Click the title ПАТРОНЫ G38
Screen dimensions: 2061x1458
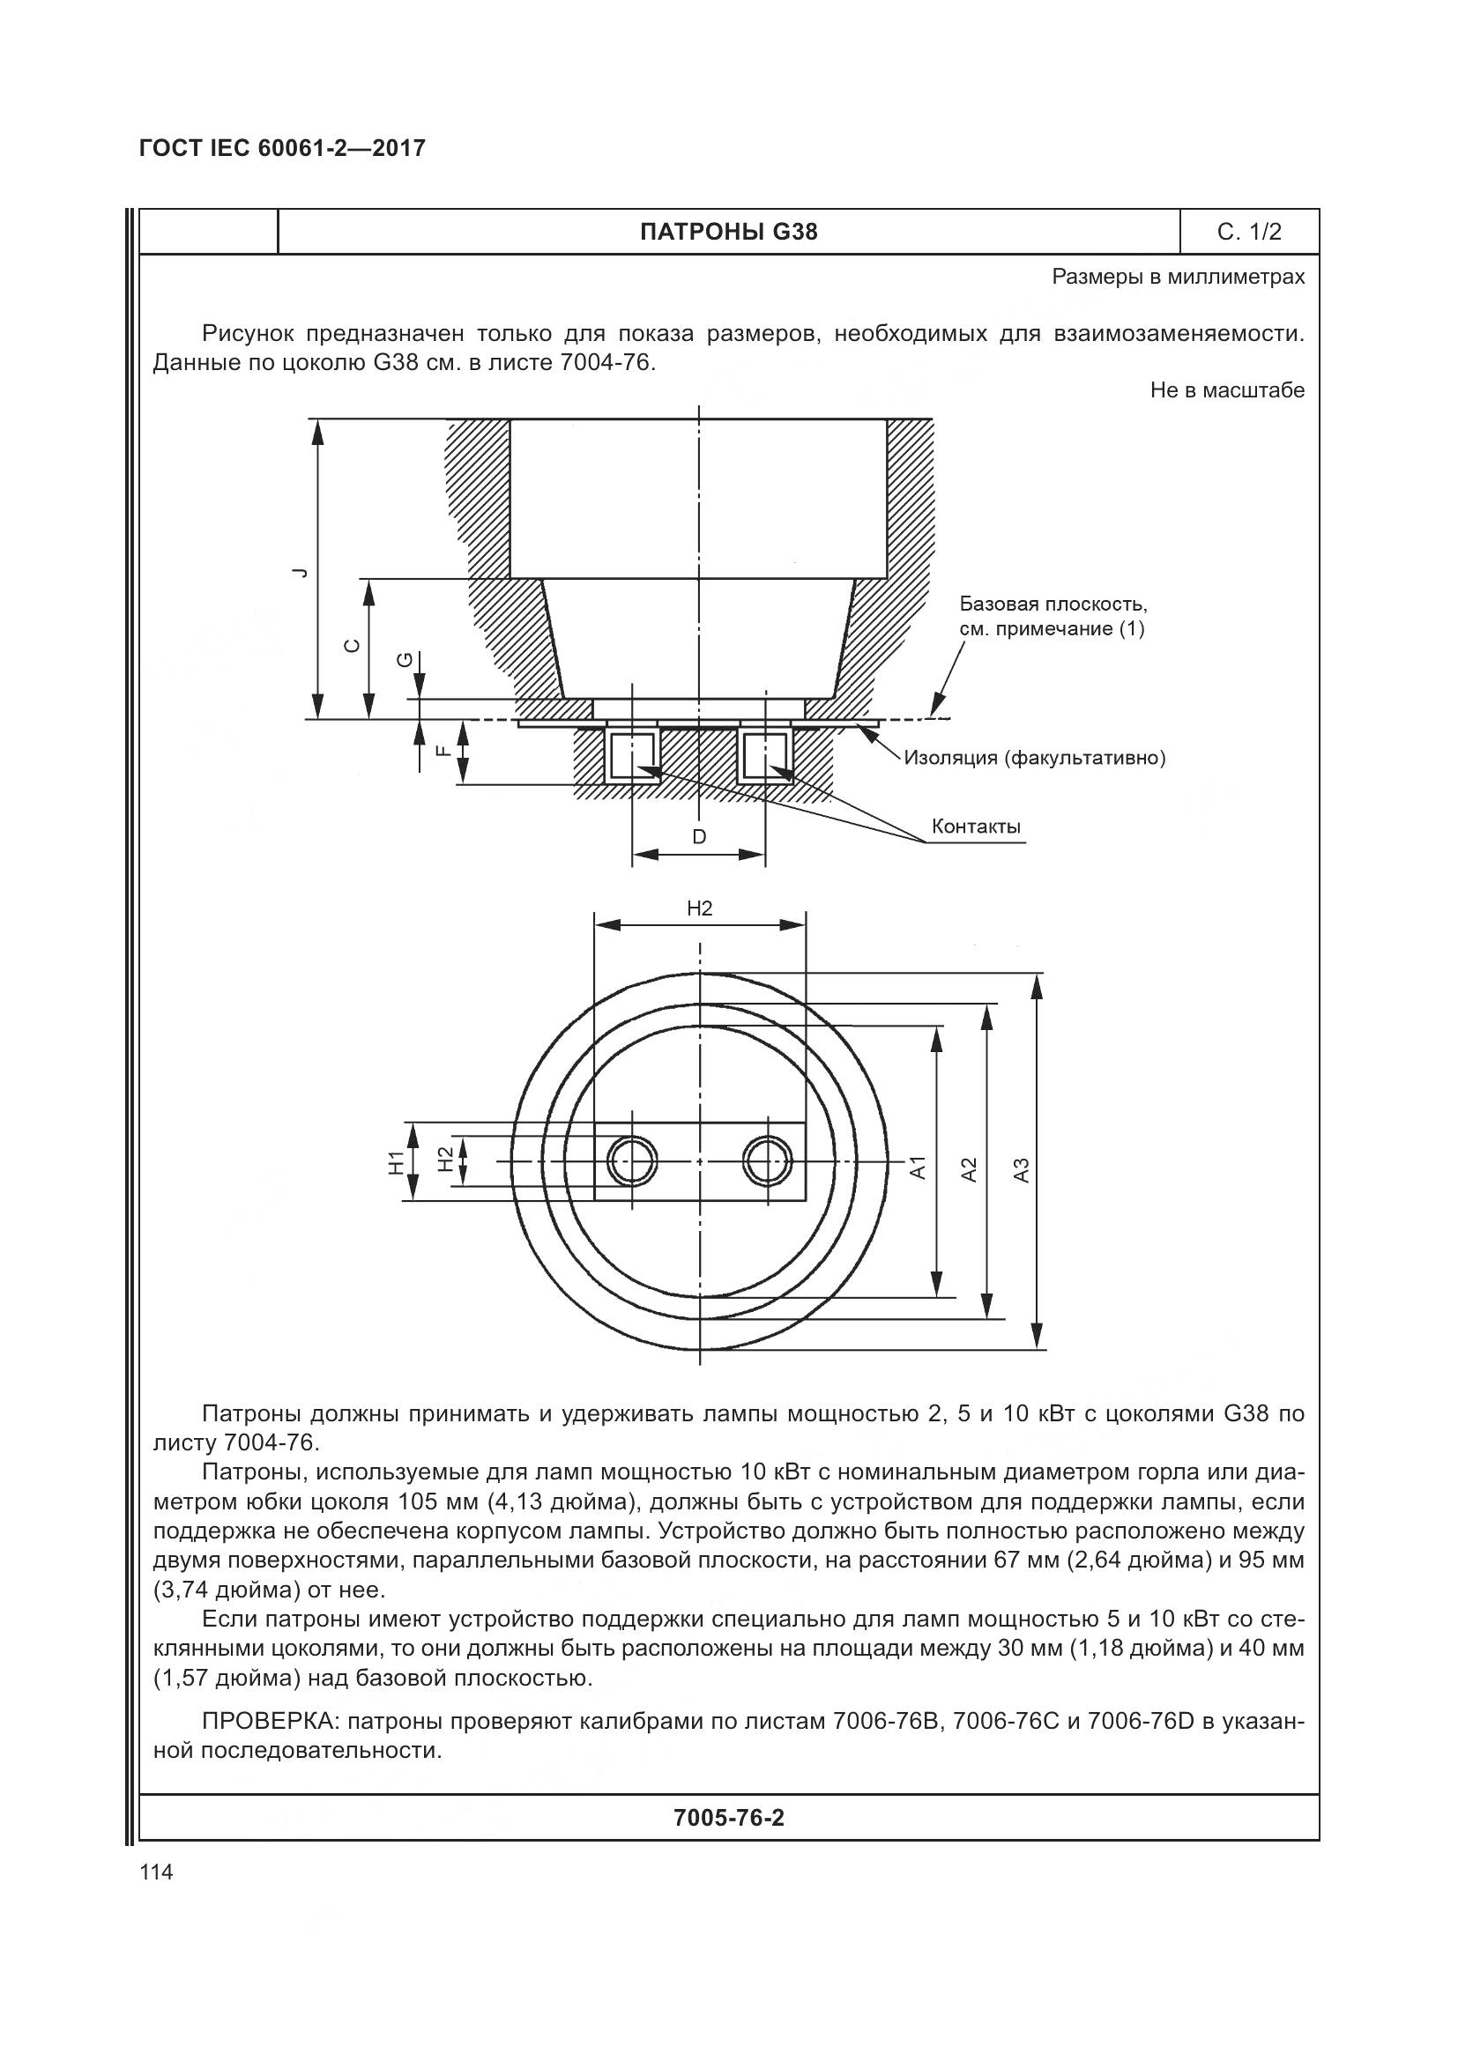(728, 233)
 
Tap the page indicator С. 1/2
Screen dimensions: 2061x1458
(1249, 233)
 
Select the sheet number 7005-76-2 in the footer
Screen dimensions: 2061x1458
(728, 1818)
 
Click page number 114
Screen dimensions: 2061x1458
(156, 1872)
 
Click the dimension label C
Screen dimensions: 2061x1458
(353, 645)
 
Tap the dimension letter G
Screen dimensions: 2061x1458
(405, 661)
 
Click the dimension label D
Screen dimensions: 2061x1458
(698, 836)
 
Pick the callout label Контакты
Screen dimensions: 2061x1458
(976, 826)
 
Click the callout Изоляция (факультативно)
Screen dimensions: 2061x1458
(1034, 758)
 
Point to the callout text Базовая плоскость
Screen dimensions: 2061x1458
(1053, 604)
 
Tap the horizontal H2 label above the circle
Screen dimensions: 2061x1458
(698, 908)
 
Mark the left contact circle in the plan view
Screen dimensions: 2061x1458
(632, 1161)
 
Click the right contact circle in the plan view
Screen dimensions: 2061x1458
(766, 1161)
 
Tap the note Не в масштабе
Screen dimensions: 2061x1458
(1226, 390)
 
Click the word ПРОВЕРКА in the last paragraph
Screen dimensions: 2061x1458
(269, 1721)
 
